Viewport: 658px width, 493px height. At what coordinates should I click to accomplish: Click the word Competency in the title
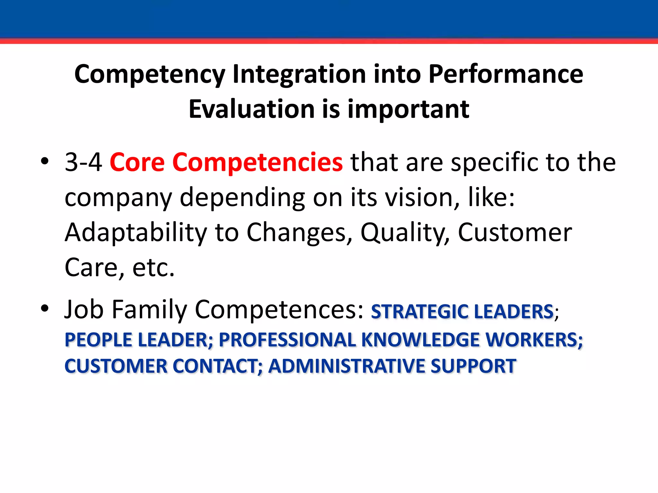coord(149,74)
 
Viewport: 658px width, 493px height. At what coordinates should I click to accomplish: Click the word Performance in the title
coord(506,74)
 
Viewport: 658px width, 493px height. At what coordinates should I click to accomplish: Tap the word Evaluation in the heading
coord(251,109)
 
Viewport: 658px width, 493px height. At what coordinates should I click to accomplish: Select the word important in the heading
coord(408,109)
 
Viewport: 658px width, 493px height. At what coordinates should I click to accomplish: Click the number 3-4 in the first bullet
coord(83,162)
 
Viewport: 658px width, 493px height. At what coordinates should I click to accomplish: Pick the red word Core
coord(137,162)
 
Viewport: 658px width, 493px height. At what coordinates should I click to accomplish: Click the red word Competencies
coord(257,162)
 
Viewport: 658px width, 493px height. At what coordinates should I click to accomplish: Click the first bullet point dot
coord(45,161)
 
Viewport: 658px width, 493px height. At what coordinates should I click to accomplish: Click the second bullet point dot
coord(45,308)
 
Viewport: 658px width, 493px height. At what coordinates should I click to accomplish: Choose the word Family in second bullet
coord(149,309)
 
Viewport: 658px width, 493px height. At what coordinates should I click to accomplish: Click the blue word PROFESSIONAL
coord(287,340)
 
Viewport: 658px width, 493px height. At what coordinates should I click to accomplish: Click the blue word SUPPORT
coord(473,366)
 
